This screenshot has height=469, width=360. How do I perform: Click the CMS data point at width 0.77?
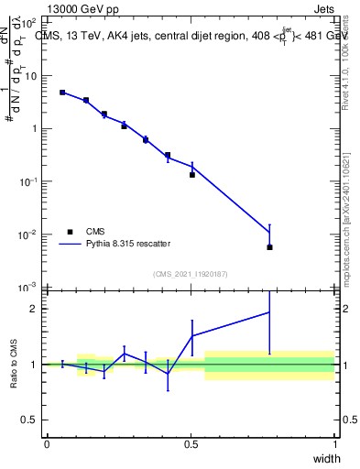click(x=269, y=247)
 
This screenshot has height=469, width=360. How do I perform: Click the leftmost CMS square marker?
click(x=62, y=93)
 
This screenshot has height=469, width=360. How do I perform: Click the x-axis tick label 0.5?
click(x=191, y=444)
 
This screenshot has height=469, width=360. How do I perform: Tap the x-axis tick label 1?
click(x=335, y=444)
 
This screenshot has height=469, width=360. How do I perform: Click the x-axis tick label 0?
click(x=47, y=444)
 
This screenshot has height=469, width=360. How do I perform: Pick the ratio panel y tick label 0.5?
click(x=30, y=420)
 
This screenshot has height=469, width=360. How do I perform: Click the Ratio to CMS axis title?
click(x=13, y=364)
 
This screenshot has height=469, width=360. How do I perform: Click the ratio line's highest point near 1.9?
click(x=269, y=312)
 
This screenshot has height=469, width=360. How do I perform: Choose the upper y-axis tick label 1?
click(x=35, y=129)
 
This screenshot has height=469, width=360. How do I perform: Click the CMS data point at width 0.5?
click(x=192, y=174)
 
